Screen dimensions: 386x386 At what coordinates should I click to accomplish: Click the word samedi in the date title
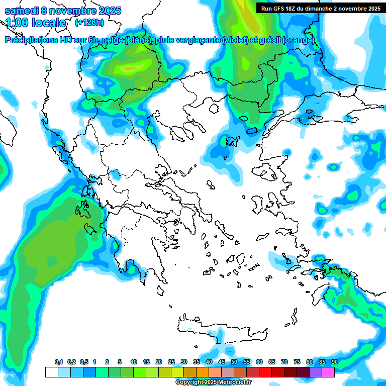[21, 11]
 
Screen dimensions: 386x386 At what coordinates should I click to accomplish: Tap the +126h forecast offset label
[89, 22]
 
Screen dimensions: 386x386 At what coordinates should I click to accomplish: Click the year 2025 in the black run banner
[371, 8]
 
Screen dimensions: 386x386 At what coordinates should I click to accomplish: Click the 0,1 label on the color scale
[59, 362]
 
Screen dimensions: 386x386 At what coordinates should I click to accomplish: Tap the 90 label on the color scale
[335, 362]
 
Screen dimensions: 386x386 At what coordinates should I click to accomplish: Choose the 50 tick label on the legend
[234, 362]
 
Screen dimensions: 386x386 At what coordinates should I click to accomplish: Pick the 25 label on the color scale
[171, 362]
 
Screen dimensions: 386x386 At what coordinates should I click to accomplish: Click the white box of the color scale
[52, 372]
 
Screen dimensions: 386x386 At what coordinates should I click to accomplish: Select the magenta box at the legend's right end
[328, 372]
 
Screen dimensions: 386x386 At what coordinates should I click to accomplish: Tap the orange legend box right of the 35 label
[203, 372]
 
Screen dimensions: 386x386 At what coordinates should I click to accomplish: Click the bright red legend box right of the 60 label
[265, 372]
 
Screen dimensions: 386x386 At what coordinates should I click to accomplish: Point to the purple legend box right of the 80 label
[316, 372]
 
